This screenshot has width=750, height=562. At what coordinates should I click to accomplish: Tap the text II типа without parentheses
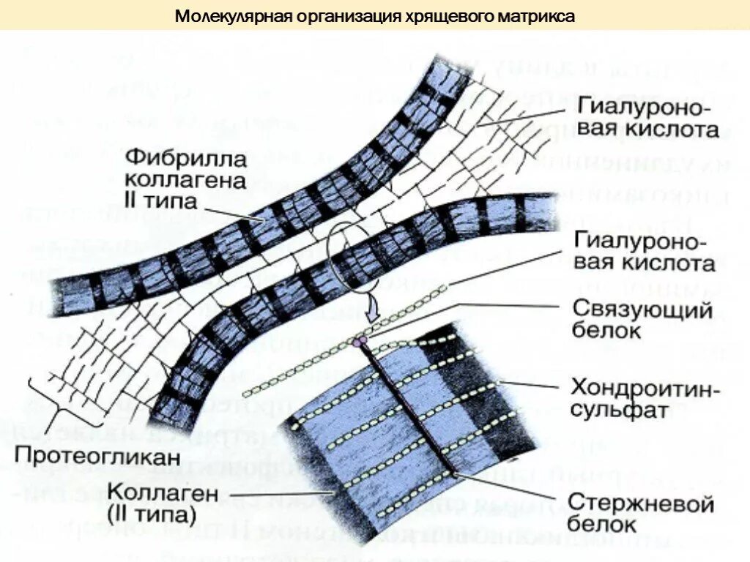(160, 201)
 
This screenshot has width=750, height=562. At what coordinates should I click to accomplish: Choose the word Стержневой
(639, 504)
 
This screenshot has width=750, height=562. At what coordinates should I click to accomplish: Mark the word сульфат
(619, 409)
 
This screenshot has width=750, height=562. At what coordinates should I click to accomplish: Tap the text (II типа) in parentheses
(150, 514)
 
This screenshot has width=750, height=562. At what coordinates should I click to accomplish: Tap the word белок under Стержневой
(603, 525)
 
